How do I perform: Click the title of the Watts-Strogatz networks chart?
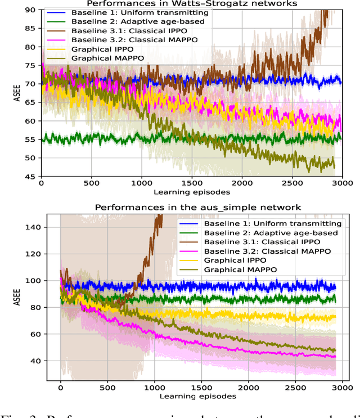click(191, 3)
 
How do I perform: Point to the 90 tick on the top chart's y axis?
click(31, 10)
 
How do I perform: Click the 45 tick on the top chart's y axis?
click(31, 177)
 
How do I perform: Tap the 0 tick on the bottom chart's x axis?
click(61, 387)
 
